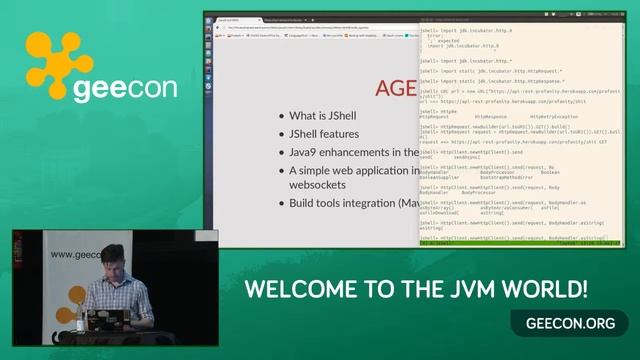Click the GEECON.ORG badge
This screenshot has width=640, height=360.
pyautogui.click(x=569, y=323)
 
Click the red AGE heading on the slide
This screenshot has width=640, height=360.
pyautogui.click(x=396, y=88)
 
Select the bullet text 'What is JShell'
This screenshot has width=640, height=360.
pyautogui.click(x=323, y=115)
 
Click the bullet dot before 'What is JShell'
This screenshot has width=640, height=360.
pyautogui.click(x=281, y=116)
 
